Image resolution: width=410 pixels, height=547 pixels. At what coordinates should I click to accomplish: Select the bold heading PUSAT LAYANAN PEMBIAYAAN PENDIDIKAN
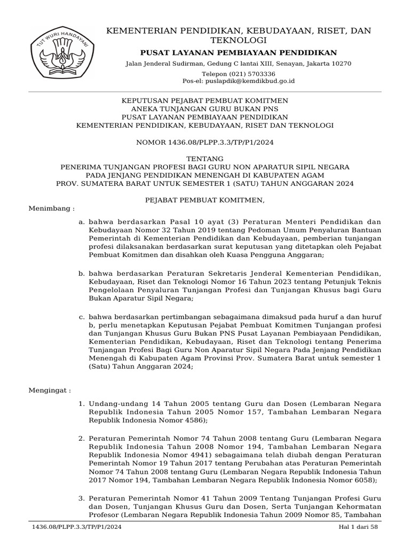tap(238, 52)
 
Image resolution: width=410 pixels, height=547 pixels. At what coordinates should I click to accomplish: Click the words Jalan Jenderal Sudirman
tap(157, 64)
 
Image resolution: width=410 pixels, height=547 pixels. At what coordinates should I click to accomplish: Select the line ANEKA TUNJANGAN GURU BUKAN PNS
tap(205, 109)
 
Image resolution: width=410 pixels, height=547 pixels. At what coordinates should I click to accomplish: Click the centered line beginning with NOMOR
tap(205, 142)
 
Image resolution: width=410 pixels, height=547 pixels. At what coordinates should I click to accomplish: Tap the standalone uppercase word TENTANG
tap(205, 159)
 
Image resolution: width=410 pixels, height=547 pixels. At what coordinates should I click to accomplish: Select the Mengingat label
tap(49, 390)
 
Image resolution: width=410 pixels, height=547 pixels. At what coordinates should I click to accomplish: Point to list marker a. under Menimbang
tap(81, 222)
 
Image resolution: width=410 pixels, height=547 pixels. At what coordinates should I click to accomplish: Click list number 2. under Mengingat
tap(81, 439)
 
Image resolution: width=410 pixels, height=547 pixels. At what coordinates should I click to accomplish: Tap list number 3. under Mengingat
tap(81, 498)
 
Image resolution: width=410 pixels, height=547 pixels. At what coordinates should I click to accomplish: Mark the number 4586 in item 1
tap(195, 420)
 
